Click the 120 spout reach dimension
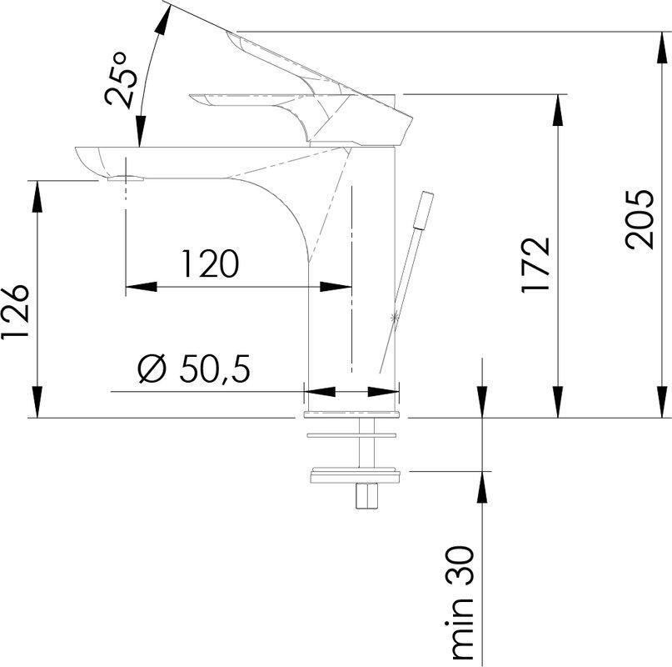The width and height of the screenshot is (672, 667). point(211,264)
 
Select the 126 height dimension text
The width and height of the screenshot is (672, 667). point(16,312)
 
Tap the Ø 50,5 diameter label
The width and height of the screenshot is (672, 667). point(193,369)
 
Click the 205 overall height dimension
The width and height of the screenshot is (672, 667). point(640,219)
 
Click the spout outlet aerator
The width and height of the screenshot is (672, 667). point(126,178)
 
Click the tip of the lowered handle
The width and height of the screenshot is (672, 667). point(194,100)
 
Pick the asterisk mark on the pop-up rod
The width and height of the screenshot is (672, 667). point(395,317)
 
